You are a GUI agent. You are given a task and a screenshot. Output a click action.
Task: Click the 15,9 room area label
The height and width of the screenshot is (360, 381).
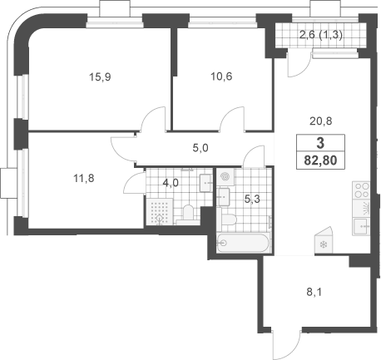pos(100,76)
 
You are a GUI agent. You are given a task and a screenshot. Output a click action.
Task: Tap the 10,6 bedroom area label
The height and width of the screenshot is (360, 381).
pos(221,76)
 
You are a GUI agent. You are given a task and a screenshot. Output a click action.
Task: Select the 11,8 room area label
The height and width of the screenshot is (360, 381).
pos(84,178)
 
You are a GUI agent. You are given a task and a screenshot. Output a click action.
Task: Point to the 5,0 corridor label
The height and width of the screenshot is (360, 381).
pos(200,148)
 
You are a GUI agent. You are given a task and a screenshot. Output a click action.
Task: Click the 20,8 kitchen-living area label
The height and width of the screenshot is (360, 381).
pos(321,121)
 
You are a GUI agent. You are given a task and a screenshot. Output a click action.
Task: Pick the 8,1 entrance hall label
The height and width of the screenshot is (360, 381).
pos(314,292)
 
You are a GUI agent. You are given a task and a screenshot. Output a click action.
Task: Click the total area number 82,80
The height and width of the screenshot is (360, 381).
pos(320,160)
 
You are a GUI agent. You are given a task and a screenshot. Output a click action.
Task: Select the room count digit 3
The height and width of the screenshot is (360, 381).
pos(320,143)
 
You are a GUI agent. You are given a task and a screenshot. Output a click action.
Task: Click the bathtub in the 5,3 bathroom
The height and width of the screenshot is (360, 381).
pos(243,243)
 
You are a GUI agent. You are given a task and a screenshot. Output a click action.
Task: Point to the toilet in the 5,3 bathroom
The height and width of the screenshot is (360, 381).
pos(227,219)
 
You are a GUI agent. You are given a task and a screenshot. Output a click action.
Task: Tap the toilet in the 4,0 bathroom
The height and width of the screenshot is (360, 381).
pos(188,215)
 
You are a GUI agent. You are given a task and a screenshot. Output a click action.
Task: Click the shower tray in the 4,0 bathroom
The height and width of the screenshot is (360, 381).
pos(160,212)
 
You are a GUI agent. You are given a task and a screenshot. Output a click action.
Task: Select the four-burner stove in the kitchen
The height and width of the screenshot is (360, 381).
pos(361,190)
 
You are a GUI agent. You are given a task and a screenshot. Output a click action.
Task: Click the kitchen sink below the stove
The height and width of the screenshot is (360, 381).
pos(361,227)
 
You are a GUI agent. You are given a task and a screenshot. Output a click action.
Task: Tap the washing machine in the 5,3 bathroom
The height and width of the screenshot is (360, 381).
pos(225,177)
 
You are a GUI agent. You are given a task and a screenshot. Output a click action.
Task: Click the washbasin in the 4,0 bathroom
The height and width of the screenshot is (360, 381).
pos(206,183)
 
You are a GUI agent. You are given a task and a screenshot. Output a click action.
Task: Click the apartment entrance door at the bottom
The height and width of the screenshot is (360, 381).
pos(287,343)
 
